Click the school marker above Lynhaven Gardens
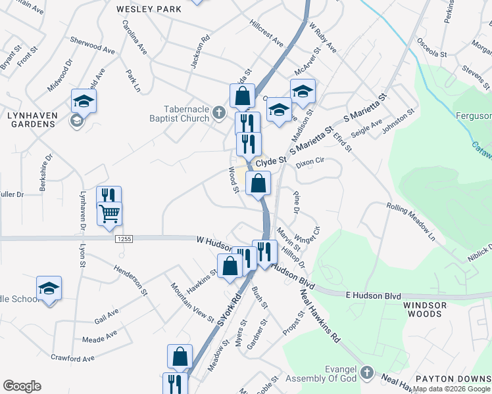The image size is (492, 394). click(84, 100)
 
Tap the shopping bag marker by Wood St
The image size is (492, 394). click(258, 184)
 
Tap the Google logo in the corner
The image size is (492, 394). click(22, 386)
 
